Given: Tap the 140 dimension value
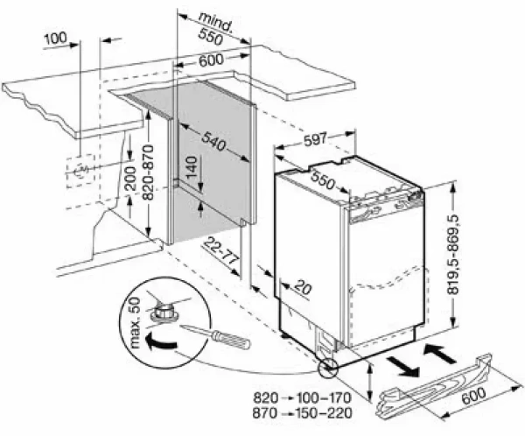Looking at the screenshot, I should point(189,167).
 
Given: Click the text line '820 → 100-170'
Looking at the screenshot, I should point(301,395).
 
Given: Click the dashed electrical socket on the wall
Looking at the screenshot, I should point(80,170).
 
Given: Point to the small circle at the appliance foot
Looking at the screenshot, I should point(328,369).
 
